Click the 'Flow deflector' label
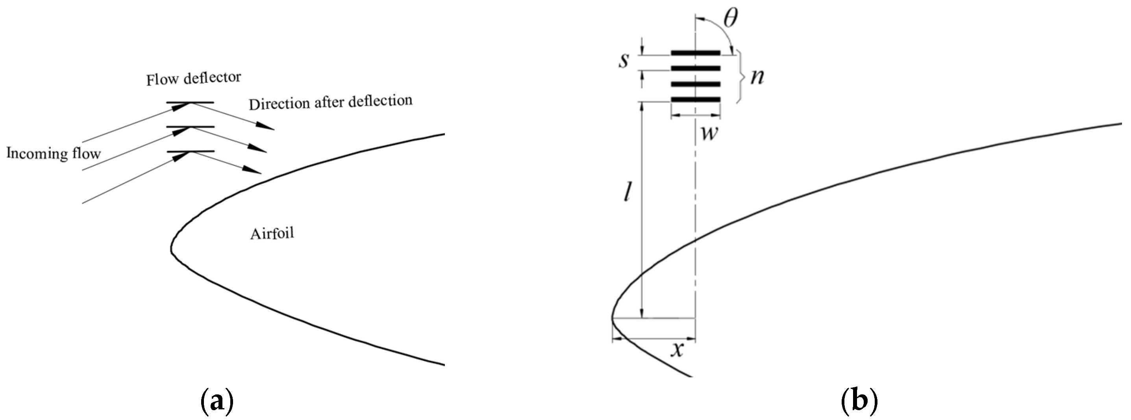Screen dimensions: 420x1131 tap(194, 78)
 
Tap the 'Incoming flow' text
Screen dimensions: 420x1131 tap(54, 153)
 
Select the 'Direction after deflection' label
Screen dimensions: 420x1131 tap(331, 102)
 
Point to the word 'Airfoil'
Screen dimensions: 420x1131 tap(272, 233)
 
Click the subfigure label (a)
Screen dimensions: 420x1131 tap(217, 402)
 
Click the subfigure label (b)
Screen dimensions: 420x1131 tap(859, 402)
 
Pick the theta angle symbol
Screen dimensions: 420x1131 tap(730, 19)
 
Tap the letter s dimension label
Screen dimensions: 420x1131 tap(624, 61)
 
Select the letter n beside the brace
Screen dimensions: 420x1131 tap(757, 77)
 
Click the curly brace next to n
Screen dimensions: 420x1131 tap(742, 77)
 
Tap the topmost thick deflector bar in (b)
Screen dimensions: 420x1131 tap(696, 53)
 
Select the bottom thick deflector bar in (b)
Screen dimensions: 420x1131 tap(696, 100)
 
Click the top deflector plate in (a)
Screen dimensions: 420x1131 tap(190, 103)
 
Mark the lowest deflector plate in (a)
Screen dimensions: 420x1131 tap(191, 152)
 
